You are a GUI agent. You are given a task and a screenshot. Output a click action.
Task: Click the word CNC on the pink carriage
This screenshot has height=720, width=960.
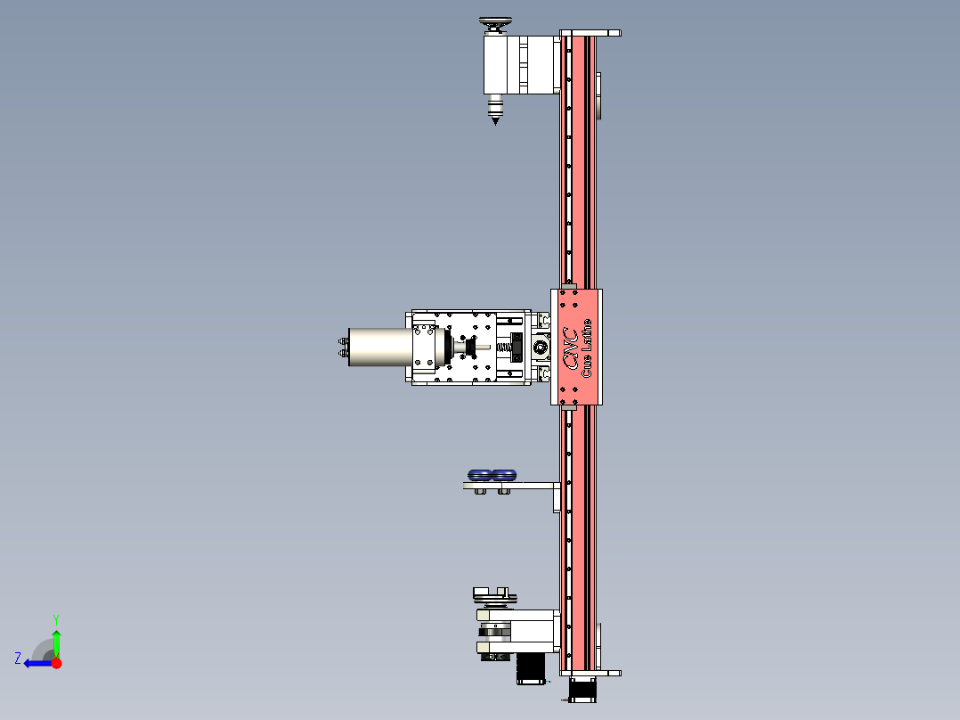pyautogui.click(x=570, y=348)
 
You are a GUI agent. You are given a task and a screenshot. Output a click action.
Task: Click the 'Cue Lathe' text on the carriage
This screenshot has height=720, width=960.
pyautogui.click(x=587, y=348)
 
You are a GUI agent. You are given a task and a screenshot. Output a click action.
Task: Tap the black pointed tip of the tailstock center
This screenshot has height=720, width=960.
pyautogui.click(x=495, y=118)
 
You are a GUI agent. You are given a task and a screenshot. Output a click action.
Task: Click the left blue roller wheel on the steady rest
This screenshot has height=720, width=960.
pyautogui.click(x=481, y=474)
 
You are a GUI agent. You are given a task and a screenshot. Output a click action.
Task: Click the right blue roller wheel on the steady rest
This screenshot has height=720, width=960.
pyautogui.click(x=504, y=474)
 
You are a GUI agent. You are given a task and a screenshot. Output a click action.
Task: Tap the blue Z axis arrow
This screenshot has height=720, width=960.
pyautogui.click(x=34, y=663)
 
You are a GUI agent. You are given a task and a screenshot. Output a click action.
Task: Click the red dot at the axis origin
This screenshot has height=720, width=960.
pyautogui.click(x=56, y=663)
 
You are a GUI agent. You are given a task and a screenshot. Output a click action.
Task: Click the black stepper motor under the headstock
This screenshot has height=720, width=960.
pyautogui.click(x=531, y=667)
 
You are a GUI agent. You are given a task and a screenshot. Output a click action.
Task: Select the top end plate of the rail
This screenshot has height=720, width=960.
pyautogui.click(x=590, y=33)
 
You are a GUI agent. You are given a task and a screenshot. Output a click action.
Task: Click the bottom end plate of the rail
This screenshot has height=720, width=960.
pyautogui.click(x=590, y=674)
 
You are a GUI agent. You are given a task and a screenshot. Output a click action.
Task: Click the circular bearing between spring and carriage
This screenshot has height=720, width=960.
pyautogui.click(x=539, y=347)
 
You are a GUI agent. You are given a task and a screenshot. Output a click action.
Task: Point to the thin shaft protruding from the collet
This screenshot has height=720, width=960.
pyautogui.click(x=481, y=347)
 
